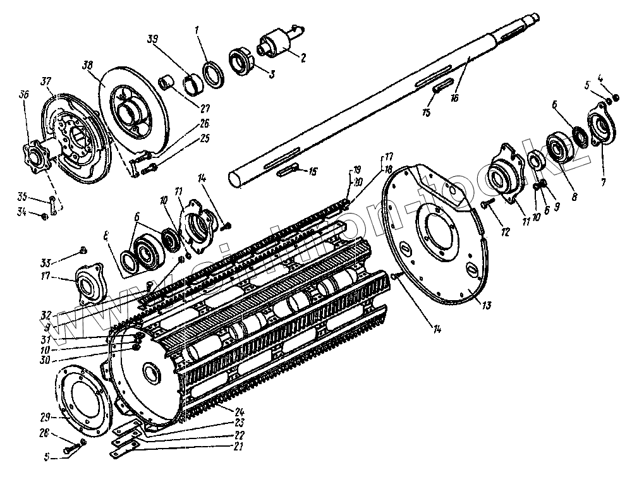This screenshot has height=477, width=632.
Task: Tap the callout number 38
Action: click(x=87, y=64)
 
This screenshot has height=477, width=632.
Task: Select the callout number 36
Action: click(x=24, y=94)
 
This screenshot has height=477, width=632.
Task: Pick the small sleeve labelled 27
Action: click(x=168, y=83)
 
